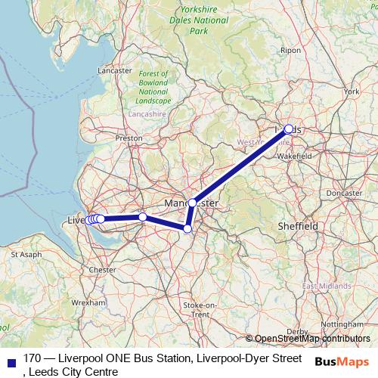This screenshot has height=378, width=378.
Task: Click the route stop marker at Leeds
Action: [x=288, y=129]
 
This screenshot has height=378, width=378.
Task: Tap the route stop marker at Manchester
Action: [x=193, y=203]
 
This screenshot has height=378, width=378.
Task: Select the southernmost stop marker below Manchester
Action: [x=187, y=228]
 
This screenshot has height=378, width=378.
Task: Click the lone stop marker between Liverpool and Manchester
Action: [x=142, y=217]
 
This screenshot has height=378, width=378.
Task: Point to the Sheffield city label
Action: [x=297, y=225]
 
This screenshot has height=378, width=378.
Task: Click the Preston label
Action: [x=129, y=139]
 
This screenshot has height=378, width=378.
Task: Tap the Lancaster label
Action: [x=115, y=70]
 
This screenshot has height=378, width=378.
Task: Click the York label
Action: [x=352, y=91]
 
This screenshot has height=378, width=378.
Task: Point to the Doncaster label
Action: [x=347, y=193]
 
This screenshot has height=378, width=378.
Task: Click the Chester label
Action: [x=102, y=269]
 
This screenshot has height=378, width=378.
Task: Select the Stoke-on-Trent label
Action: [x=200, y=308]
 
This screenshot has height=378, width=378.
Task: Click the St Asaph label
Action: [x=25, y=255]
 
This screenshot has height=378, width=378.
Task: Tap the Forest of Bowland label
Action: [x=153, y=86]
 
